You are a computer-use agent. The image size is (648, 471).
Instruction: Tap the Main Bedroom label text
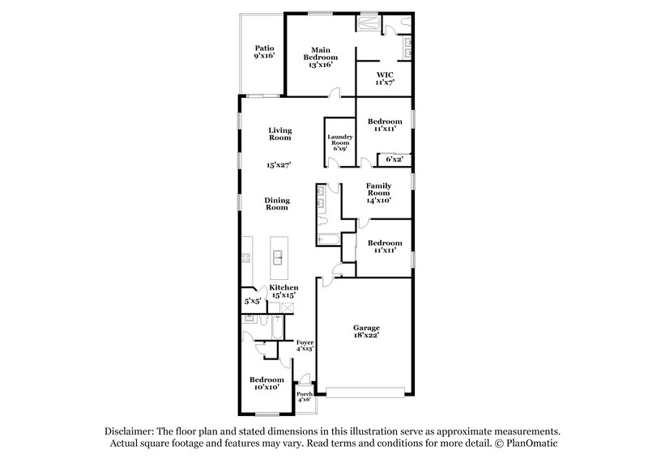(x=316, y=57)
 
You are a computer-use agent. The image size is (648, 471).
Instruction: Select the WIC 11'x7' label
(x=384, y=78)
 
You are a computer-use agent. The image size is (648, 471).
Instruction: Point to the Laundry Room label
(x=340, y=142)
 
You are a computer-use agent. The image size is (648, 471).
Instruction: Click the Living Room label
(x=280, y=134)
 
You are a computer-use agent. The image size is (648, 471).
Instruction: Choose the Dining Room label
(x=277, y=203)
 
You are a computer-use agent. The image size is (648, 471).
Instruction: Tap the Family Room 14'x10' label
(x=378, y=193)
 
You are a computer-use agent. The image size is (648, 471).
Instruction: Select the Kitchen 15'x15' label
(x=283, y=292)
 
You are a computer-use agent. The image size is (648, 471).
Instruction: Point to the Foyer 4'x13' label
(x=305, y=346)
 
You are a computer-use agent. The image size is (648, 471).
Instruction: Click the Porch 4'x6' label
(x=305, y=397)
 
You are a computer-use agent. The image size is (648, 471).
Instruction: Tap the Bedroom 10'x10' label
(x=266, y=384)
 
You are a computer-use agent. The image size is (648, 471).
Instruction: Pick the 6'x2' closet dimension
(x=394, y=159)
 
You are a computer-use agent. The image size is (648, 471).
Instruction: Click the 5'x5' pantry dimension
(x=252, y=301)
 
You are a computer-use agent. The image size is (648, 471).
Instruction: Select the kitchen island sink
(x=278, y=258)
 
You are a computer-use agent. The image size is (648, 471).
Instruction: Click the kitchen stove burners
(x=244, y=258)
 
